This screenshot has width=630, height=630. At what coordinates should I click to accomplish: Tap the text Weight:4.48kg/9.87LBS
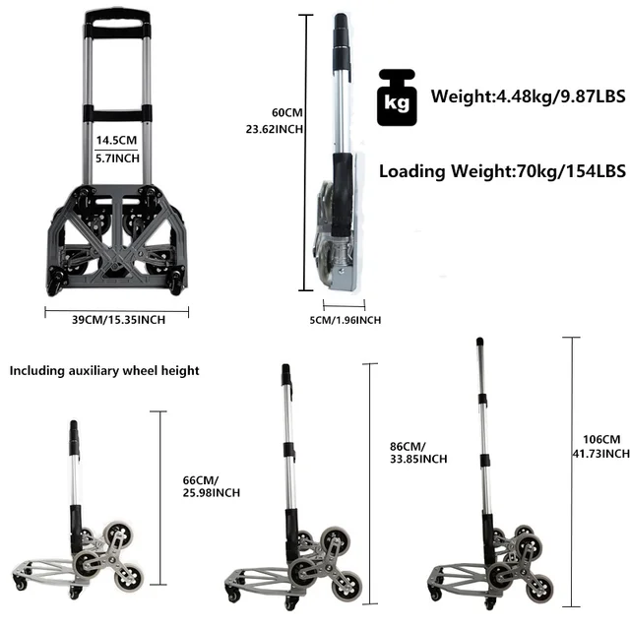click(516, 96)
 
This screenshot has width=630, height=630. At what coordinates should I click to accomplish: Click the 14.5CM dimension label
click(115, 140)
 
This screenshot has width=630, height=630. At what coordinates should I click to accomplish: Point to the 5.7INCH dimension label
click(115, 158)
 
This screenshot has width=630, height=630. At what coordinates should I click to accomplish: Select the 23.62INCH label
click(274, 129)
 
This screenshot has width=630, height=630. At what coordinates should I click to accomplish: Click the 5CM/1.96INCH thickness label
click(345, 319)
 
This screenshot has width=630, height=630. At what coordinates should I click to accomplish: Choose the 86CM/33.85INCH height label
click(417, 452)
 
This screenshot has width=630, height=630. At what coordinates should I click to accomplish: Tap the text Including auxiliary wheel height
click(104, 371)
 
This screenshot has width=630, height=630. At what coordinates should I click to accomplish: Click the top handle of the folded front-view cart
click(116, 18)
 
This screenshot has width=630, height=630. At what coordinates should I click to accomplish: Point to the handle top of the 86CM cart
click(285, 375)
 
